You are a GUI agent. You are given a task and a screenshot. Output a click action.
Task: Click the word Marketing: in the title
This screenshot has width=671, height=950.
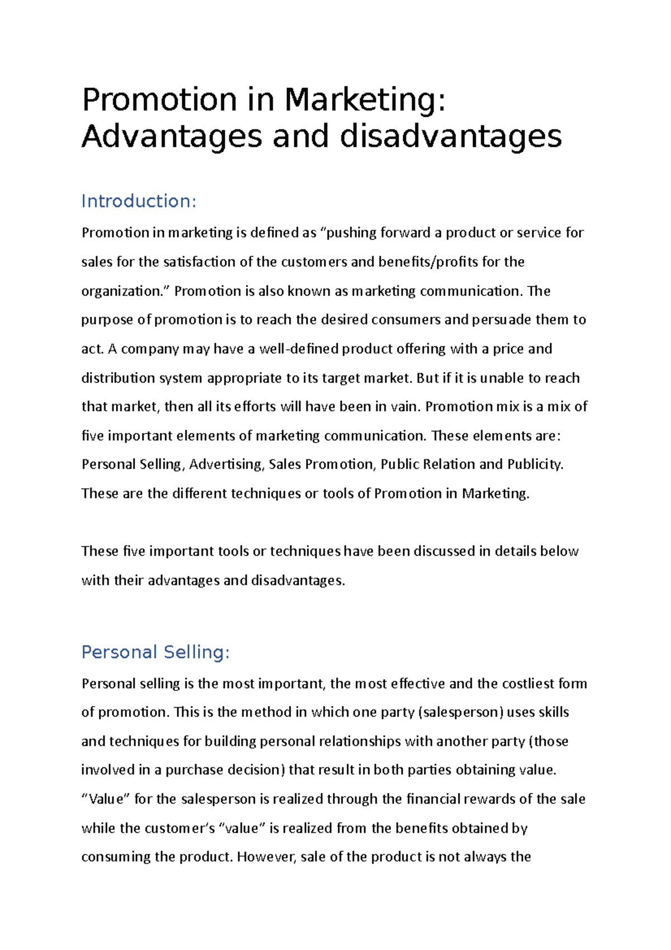[x=365, y=100]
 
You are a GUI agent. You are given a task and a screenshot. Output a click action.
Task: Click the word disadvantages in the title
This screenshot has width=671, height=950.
[x=450, y=136]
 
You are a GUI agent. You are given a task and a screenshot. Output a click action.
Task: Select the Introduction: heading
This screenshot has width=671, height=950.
[x=139, y=201]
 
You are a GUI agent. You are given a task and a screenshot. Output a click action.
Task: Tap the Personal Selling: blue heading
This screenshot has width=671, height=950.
[x=155, y=652]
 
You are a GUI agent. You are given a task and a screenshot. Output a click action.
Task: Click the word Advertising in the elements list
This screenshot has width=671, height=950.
[x=226, y=464]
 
